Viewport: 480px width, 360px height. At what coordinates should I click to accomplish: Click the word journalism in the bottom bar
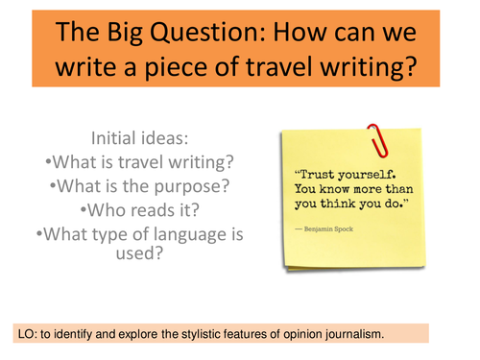[x=349, y=336]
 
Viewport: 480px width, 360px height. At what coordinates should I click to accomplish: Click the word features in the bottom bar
[x=244, y=336]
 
